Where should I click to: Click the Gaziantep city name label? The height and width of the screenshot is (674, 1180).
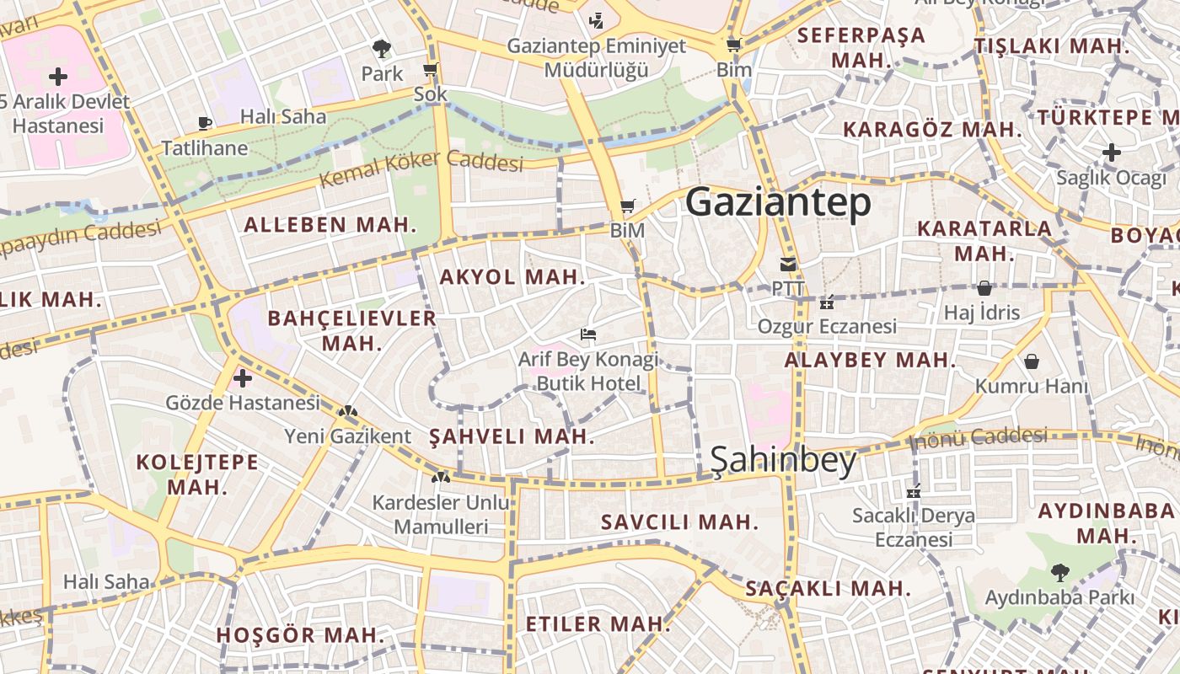(778, 203)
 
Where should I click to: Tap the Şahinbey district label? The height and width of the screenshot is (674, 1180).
(783, 460)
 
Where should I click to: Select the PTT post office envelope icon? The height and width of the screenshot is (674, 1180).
(788, 265)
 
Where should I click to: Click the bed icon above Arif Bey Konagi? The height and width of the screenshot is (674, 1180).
(588, 334)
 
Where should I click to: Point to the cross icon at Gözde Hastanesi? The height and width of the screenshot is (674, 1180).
(243, 377)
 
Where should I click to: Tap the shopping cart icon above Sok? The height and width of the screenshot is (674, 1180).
(431, 69)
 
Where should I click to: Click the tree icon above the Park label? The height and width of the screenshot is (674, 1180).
(382, 48)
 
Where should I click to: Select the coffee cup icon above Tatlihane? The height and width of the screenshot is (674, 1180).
(204, 123)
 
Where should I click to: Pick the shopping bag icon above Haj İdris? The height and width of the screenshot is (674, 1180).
(984, 288)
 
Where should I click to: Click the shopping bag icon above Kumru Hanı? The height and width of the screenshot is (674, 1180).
(1031, 361)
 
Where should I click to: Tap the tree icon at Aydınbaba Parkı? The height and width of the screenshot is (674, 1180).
(1059, 573)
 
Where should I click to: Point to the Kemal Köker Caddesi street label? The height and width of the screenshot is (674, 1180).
(421, 168)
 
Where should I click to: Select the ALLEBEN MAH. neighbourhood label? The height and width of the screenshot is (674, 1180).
(330, 225)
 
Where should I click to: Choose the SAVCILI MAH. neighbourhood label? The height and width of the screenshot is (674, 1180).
(679, 522)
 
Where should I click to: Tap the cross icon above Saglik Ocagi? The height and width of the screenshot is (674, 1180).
(1112, 152)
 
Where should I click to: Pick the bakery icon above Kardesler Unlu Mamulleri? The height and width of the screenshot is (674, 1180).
(440, 478)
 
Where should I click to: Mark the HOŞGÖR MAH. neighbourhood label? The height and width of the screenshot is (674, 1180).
(301, 635)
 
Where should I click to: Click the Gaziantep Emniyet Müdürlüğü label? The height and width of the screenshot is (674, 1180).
(596, 57)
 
